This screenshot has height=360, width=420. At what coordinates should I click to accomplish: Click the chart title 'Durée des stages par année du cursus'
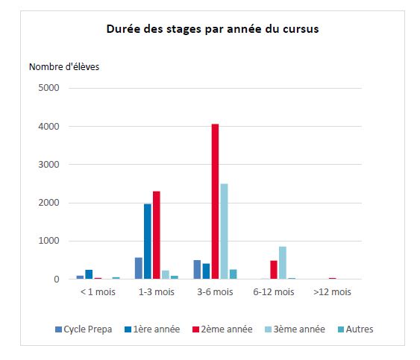pos(213,29)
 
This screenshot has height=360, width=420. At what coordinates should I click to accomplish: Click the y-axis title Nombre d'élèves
pos(64,67)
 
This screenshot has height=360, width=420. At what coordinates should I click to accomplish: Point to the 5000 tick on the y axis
pos(48,88)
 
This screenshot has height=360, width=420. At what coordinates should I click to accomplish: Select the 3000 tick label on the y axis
pos(48,164)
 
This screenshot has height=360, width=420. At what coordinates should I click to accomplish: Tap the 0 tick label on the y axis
pos(57,280)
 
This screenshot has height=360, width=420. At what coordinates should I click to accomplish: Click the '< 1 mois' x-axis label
pos(98,291)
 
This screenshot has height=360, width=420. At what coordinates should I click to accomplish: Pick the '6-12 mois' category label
pos(274,291)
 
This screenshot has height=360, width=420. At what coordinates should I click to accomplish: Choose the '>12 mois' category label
pos(332,291)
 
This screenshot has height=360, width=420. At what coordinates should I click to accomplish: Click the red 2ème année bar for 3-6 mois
pos(215,201)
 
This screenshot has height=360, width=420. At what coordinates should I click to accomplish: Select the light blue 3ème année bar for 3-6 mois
pos(225,231)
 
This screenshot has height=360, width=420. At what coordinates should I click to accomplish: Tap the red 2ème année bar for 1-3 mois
pos(157,235)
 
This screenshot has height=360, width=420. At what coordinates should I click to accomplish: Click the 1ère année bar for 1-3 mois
pos(148,241)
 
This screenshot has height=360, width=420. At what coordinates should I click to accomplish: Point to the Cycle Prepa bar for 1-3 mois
pos(139,268)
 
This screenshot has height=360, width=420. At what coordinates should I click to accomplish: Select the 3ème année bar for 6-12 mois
pos(283,263)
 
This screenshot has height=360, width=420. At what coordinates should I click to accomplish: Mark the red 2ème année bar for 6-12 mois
pos(274,270)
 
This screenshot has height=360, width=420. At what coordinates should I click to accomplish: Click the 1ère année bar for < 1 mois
pos(89,274)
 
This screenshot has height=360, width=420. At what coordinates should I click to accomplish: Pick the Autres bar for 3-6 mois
pos(233,274)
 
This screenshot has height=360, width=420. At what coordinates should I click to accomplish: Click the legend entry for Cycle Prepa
pos(84,329)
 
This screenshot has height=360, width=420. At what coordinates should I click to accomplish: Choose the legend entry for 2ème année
pos(222,329)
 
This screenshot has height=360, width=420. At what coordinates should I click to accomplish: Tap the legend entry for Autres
pos(355,329)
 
